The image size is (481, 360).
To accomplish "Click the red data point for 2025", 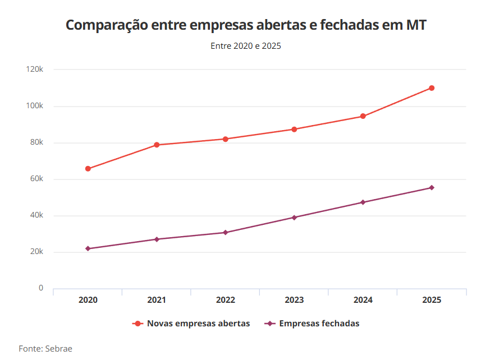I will [x=432, y=88].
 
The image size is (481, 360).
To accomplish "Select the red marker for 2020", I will [x=88, y=169].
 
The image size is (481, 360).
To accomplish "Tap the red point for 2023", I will [x=294, y=130].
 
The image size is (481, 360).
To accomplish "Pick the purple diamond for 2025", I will [x=432, y=188].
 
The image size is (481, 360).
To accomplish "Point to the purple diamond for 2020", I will [x=88, y=248].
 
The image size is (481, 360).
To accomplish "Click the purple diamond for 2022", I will [x=226, y=232].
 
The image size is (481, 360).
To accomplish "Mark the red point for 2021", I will [x=157, y=145].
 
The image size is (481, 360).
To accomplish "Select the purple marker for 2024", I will [x=363, y=202].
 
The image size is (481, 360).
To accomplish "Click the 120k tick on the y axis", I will [x=35, y=70].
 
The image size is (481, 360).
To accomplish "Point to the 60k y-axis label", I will [x=36, y=179].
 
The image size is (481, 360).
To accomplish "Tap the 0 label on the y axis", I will [x=40, y=288].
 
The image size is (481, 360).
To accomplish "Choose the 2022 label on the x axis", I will [x=226, y=300].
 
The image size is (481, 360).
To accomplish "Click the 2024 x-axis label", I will [x=363, y=300].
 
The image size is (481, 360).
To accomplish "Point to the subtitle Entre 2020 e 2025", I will [x=246, y=46].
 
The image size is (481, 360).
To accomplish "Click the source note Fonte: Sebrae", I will [x=45, y=348].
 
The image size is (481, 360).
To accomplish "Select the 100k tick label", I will [x=35, y=106].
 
